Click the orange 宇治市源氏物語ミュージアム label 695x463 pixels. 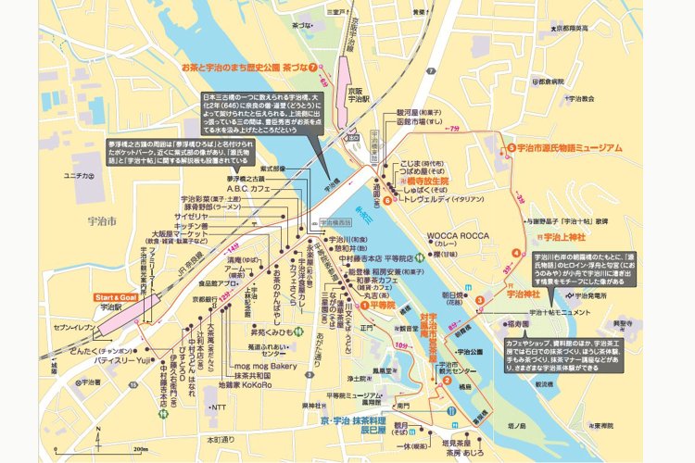point(568,147)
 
